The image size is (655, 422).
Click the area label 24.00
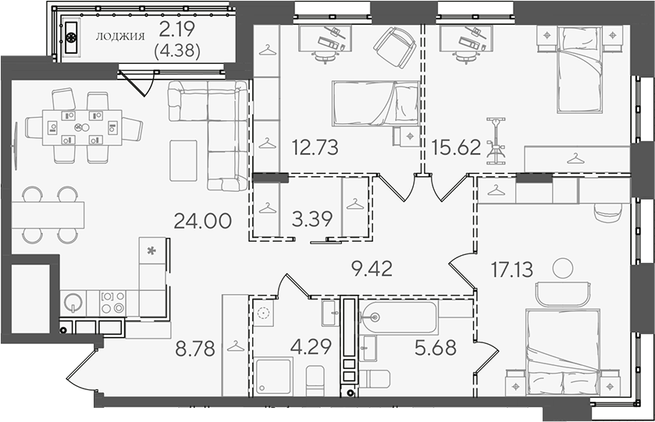point(202,221)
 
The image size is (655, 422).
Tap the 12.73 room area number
point(315,147)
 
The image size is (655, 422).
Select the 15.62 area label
point(456,147)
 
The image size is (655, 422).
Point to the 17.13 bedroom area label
point(511,269)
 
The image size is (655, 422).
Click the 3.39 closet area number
point(311,218)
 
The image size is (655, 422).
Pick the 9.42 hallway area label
point(372,269)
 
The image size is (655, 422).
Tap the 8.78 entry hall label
point(195,348)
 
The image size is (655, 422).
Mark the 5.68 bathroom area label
point(436,347)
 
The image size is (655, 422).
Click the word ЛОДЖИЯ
point(120,37)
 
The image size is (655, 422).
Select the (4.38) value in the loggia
point(177,51)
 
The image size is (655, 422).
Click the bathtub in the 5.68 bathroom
point(398,317)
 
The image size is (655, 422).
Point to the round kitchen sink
point(74,303)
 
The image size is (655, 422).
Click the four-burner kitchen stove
point(112,302)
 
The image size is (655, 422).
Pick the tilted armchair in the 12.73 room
point(395,48)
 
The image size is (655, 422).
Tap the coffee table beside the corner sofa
point(183,161)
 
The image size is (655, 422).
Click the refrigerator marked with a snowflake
point(152,250)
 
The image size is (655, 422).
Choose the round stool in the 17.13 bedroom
point(562,268)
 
